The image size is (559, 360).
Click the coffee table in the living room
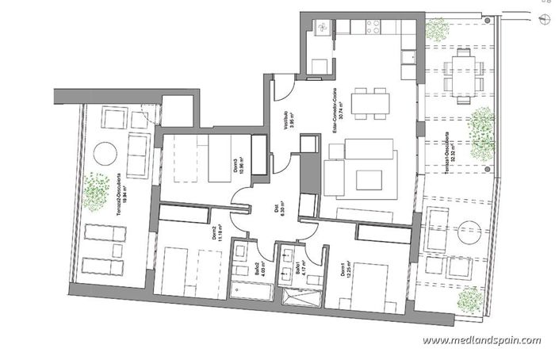tap(369, 179)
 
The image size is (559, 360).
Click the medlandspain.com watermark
tap(482, 340)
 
